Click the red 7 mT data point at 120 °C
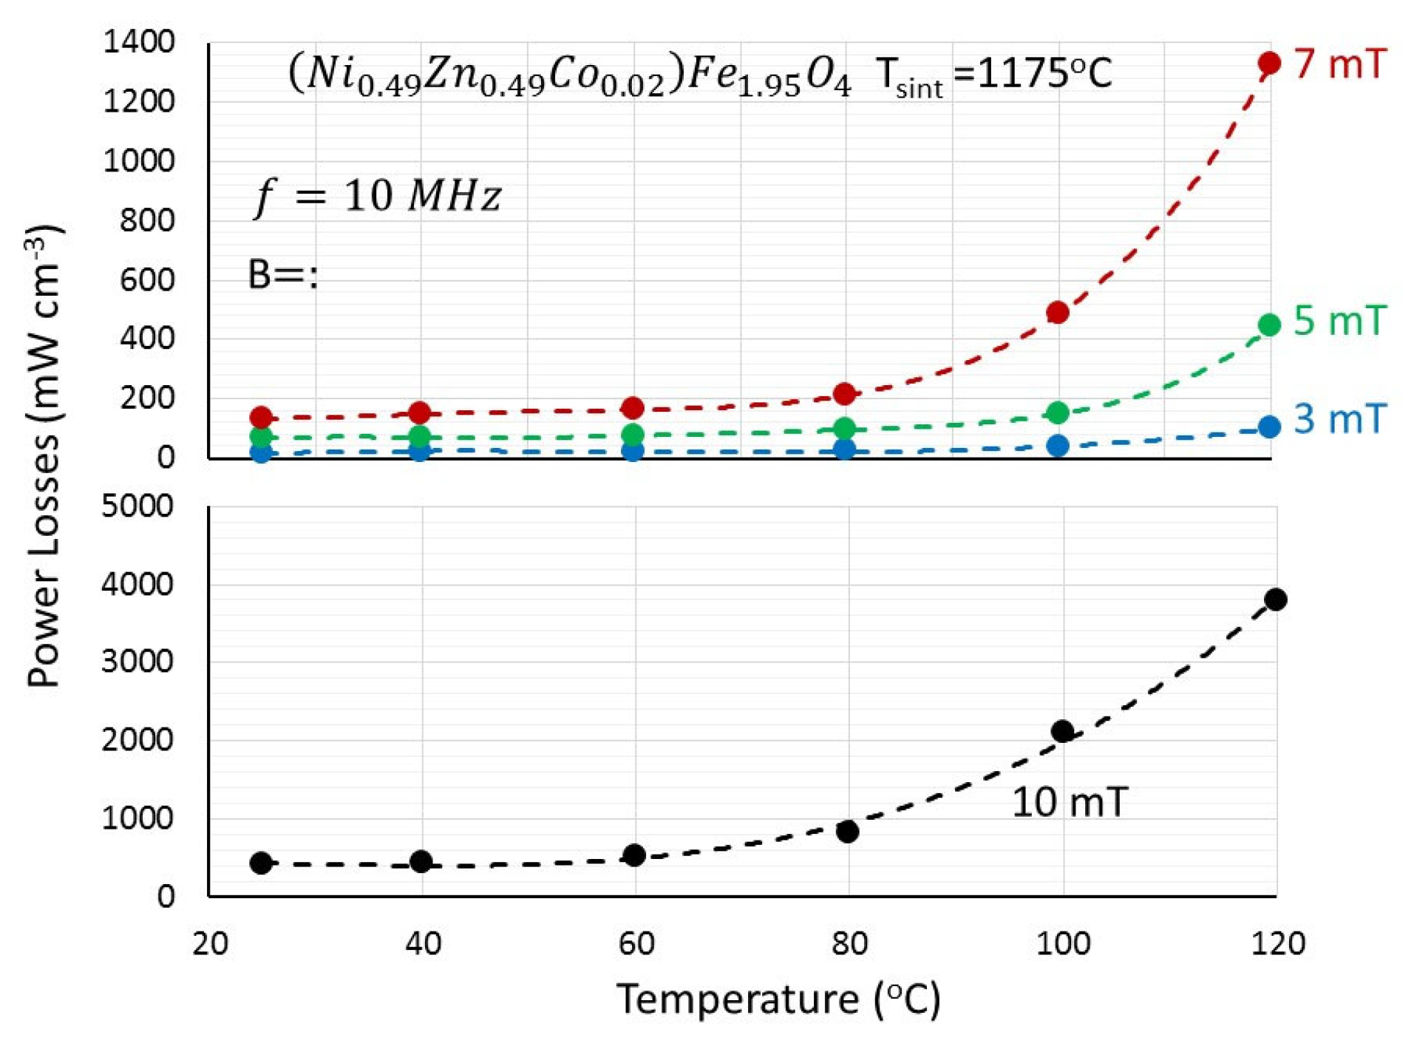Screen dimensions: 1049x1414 coord(1268,63)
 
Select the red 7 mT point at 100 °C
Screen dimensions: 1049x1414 coord(1057,312)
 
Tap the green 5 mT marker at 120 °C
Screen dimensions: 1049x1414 coord(1268,325)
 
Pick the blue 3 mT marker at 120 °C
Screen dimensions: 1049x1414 coord(1268,427)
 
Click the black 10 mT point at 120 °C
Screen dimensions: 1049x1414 coord(1275,599)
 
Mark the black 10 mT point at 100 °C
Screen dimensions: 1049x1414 coord(1062,731)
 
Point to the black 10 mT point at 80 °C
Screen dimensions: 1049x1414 coord(848,831)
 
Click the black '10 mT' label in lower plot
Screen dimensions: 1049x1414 coord(1069,802)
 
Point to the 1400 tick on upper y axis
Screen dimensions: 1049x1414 coord(138,42)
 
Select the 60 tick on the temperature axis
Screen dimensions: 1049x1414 coord(636,943)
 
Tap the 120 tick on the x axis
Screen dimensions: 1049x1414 coord(1277,943)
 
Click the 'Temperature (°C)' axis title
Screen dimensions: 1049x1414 coord(778,999)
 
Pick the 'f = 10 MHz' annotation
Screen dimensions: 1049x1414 coord(377,197)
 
